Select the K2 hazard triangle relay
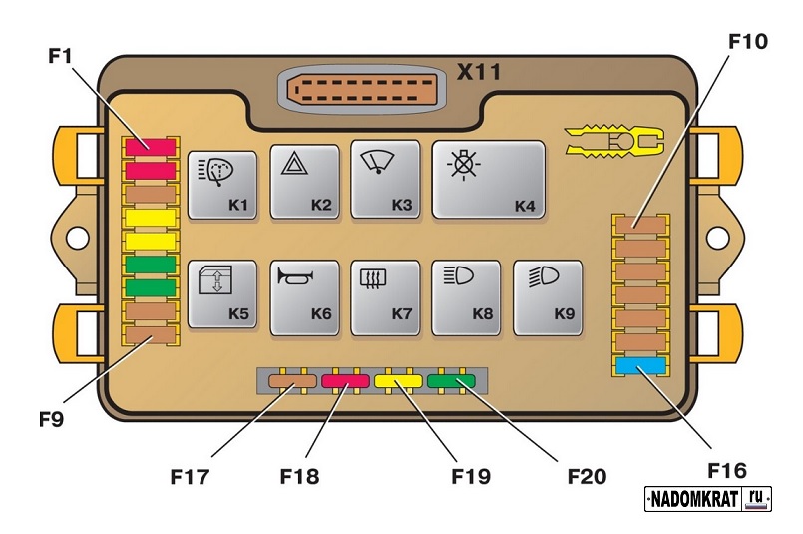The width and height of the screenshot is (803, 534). [304, 183]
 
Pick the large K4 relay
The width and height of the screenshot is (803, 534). [488, 179]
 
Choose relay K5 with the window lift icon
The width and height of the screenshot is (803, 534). [222, 294]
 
